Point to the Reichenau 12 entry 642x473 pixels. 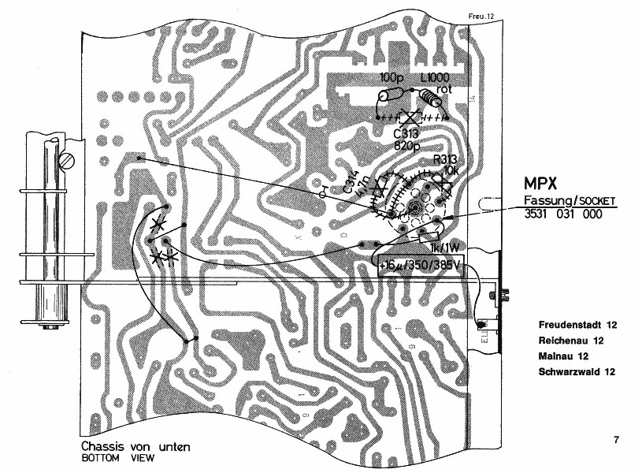coord(571,341)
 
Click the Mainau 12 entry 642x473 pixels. coord(565,356)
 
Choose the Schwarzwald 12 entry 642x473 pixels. coord(576,371)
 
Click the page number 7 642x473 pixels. coord(615,439)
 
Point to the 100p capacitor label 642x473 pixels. coord(392,78)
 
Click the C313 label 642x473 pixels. coord(406,133)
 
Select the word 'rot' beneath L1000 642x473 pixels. coord(443,88)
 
